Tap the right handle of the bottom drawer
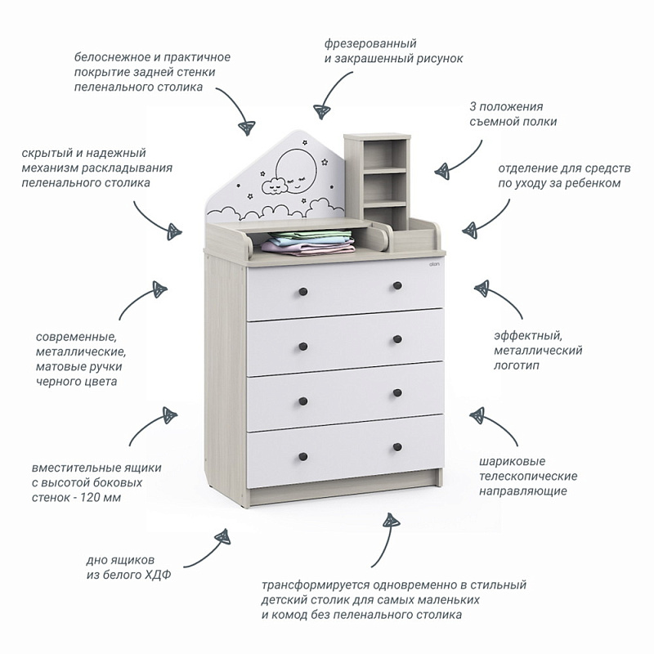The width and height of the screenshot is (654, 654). click(397, 446)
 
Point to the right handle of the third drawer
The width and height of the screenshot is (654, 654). click(397, 393)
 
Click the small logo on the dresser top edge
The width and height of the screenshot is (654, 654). click(436, 266)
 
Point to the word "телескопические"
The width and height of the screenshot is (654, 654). click(528, 476)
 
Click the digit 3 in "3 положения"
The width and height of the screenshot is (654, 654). click(473, 106)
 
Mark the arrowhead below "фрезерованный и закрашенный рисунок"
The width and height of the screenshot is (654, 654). click(322, 111)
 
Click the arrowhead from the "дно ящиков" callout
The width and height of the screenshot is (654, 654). click(222, 537)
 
